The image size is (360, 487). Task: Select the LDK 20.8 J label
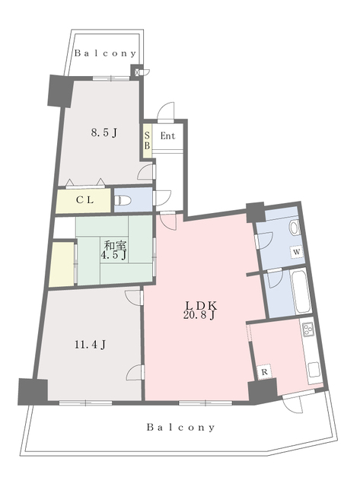202,310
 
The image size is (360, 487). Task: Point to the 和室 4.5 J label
114,250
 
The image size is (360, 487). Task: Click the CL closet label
84,200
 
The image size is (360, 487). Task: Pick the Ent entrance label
168,136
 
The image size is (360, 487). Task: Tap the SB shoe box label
147,140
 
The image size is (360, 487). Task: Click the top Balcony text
107,54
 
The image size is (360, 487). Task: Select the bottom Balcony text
181,428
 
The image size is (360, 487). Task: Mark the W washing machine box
296,252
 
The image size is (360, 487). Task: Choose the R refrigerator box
263,372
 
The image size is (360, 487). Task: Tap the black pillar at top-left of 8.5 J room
59,91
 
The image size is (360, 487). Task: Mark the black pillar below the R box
261,392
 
